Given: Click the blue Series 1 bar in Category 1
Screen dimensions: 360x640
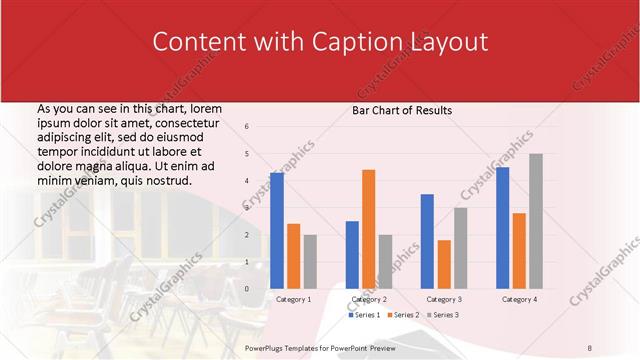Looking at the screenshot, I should [277, 231].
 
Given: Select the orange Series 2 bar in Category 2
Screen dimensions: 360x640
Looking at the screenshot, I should [368, 229].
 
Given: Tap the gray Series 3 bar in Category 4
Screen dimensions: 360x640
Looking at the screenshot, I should [536, 221].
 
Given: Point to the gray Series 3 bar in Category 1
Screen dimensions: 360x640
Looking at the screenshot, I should [310, 262].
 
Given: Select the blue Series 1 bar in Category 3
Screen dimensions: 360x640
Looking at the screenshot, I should [427, 241].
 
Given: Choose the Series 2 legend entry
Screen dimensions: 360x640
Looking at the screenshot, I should [402, 315].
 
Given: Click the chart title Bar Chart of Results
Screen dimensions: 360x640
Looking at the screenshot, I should [402, 110].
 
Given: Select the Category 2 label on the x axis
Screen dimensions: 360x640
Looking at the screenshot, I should [368, 299].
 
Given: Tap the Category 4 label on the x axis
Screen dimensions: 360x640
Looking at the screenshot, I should [519, 299].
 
